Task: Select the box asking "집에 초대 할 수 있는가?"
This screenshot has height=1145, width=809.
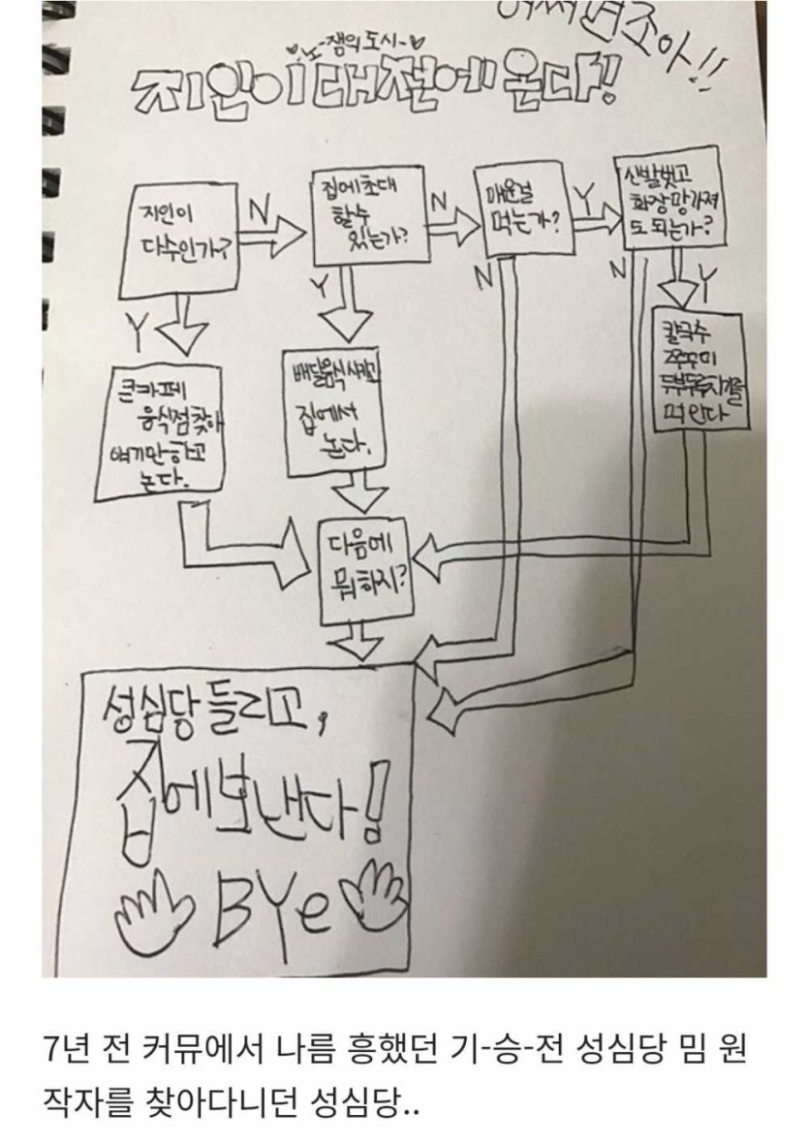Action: click(x=369, y=219)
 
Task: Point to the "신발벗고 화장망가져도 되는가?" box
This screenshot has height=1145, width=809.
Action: click(x=669, y=199)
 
